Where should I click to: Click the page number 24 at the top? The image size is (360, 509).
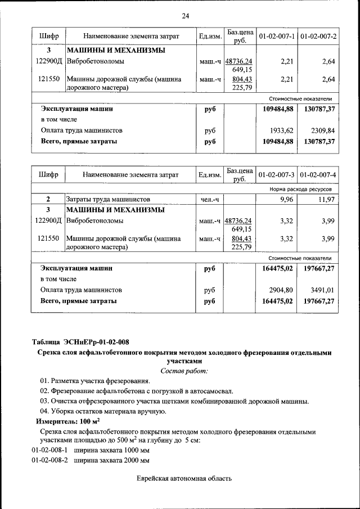point(186,15)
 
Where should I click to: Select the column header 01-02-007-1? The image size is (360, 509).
point(276,37)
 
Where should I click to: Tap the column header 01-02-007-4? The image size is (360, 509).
point(318,175)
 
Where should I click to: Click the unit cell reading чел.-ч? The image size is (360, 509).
point(210,200)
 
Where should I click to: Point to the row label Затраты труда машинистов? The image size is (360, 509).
point(108,200)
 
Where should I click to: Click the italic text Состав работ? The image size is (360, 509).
point(183,371)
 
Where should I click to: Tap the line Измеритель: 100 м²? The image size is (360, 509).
point(68,421)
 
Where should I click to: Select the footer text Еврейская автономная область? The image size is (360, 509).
point(184,479)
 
